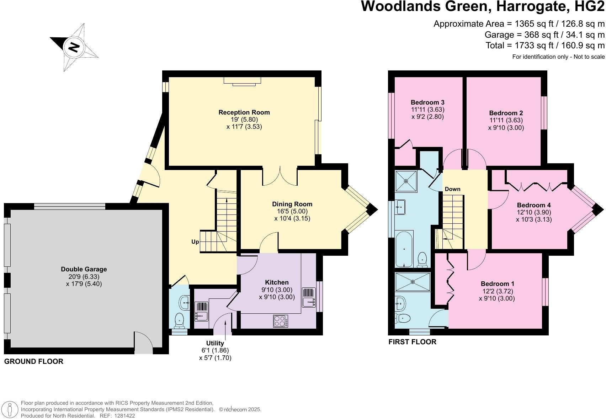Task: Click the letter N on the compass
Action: pyautogui.click(x=74, y=47)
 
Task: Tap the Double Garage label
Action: pyautogui.click(x=84, y=269)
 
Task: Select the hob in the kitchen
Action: pyautogui.click(x=281, y=321)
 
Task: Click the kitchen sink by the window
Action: pyautogui.click(x=309, y=297)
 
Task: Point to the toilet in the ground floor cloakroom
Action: pyautogui.click(x=179, y=320)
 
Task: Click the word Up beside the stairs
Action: pyautogui.click(x=195, y=242)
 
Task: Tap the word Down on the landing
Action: pyautogui.click(x=452, y=189)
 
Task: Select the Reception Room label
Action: pyautogui.click(x=244, y=112)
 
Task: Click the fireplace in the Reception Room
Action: pyautogui.click(x=242, y=81)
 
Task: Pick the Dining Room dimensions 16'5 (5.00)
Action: pyautogui.click(x=292, y=211)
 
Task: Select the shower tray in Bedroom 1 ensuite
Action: pyautogui.click(x=413, y=282)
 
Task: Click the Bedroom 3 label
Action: pyautogui.click(x=427, y=102)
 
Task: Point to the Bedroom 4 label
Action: pyautogui.click(x=533, y=205)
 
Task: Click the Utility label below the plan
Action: pyautogui.click(x=215, y=343)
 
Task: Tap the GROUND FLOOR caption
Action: pyautogui.click(x=34, y=361)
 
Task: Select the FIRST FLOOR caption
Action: pyautogui.click(x=412, y=342)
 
